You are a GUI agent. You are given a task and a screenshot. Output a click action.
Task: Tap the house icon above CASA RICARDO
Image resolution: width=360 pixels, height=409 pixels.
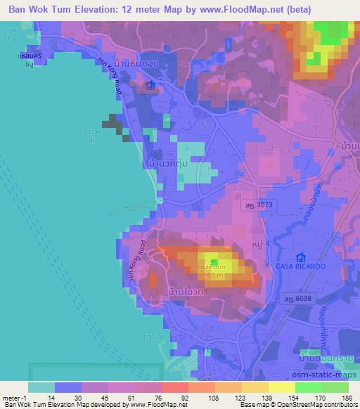coord(302,257)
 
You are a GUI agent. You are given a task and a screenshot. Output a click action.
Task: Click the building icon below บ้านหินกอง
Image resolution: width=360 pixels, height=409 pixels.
coord(150,86)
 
